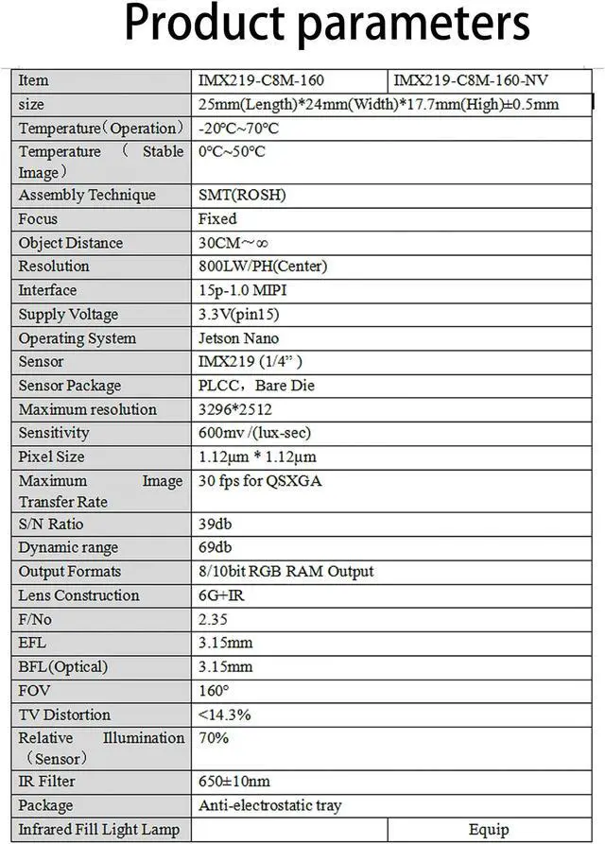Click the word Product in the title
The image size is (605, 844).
(202, 26)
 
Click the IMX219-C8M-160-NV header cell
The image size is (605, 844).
(470, 80)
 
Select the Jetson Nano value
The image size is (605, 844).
(238, 338)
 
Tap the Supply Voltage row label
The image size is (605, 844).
(68, 314)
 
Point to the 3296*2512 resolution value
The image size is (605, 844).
(234, 409)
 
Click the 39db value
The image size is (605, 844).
(216, 524)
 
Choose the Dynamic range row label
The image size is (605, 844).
(68, 547)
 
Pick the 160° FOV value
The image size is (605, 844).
(214, 691)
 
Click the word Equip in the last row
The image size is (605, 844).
(489, 830)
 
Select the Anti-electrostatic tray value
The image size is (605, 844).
(269, 805)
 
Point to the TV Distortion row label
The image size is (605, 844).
(64, 715)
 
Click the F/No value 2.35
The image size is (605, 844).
(214, 619)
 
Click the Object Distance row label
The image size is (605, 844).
(71, 243)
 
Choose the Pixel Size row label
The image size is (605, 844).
(51, 456)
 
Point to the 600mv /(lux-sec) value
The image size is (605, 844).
(254, 433)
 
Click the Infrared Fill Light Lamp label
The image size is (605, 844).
(99, 829)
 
